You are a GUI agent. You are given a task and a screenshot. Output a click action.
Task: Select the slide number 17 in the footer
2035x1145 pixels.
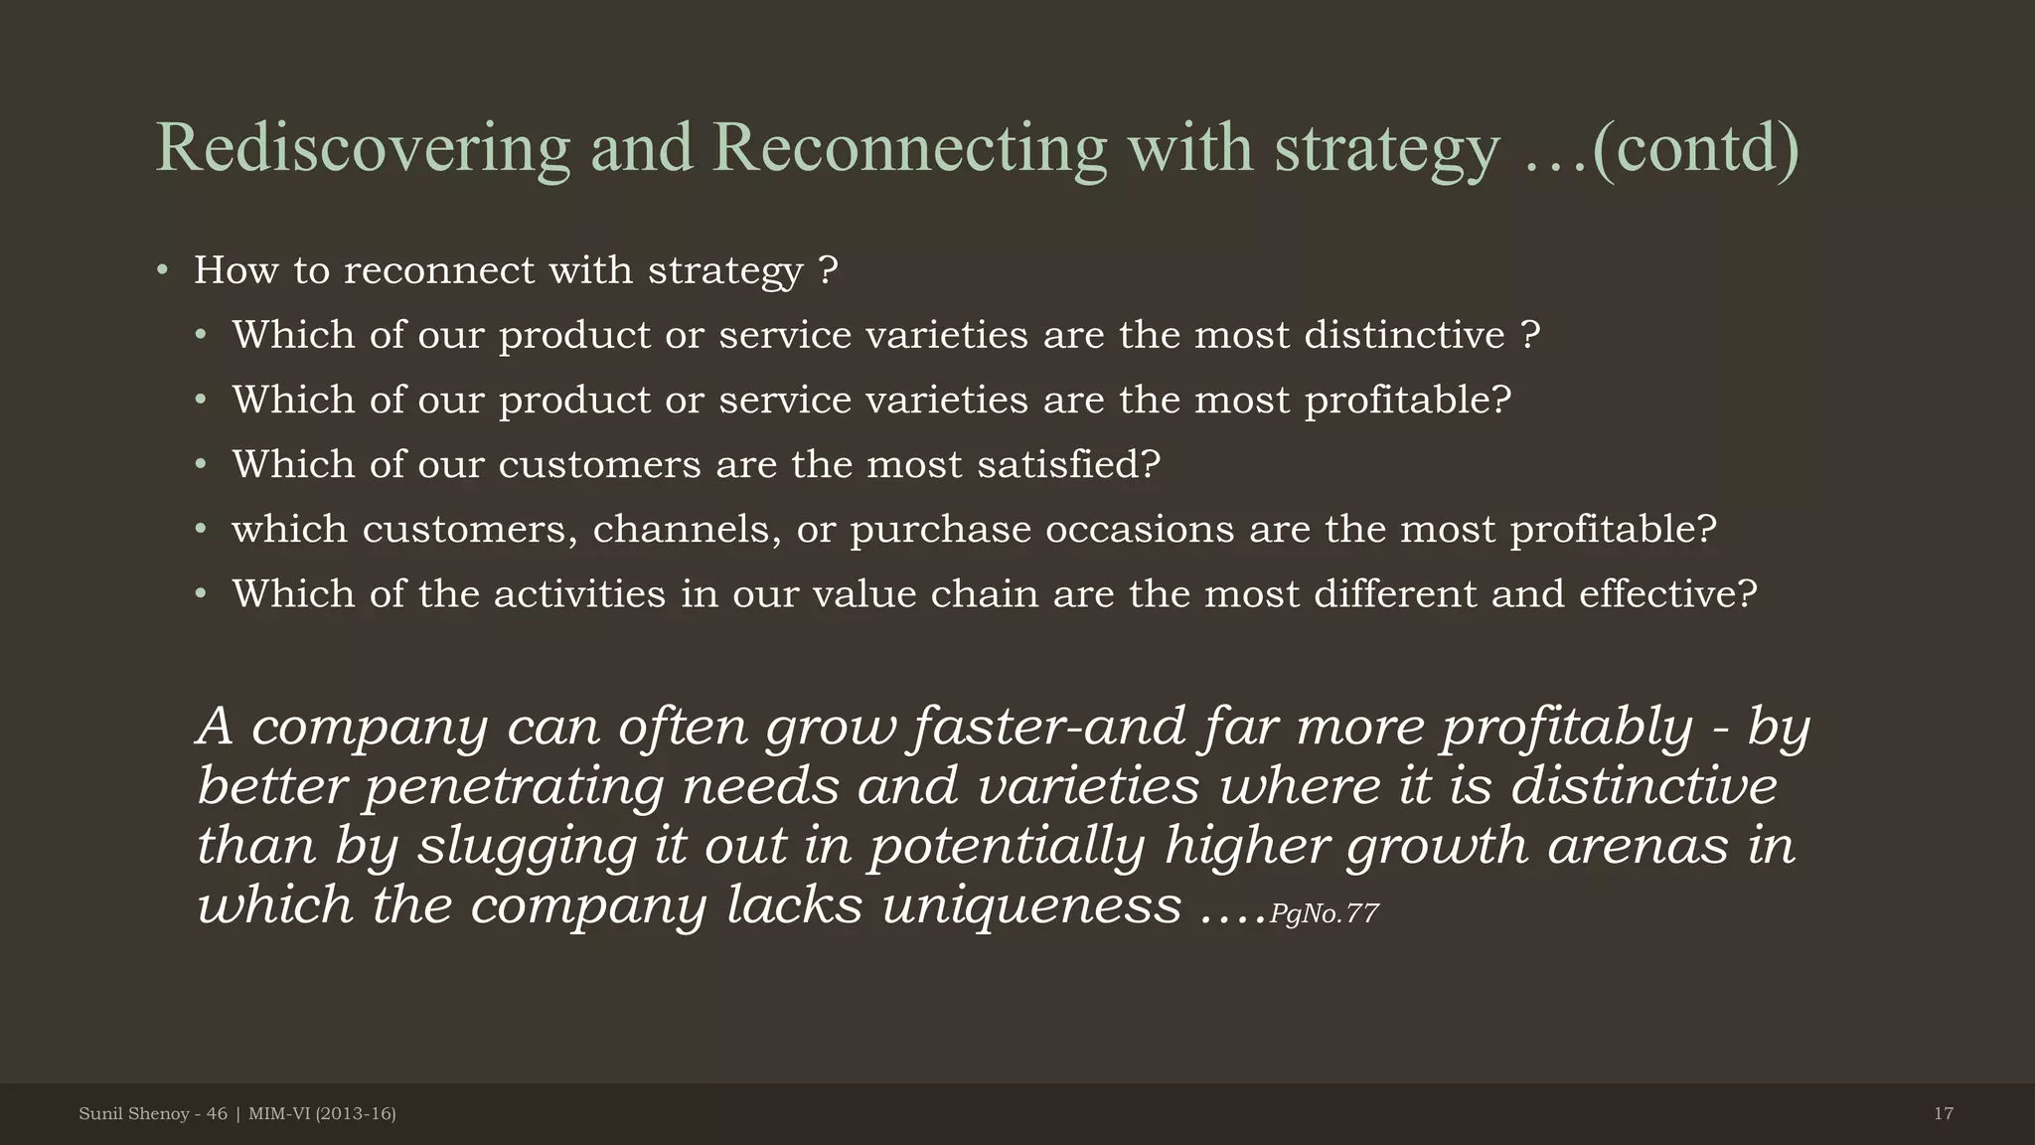point(1944,1114)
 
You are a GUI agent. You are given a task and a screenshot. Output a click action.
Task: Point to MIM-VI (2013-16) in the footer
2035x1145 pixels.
point(322,1114)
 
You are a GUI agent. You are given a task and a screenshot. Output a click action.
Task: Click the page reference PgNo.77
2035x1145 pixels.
point(1324,913)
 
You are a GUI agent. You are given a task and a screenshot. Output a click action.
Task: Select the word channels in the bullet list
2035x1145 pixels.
point(687,529)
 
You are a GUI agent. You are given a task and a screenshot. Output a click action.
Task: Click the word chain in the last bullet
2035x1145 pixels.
point(984,593)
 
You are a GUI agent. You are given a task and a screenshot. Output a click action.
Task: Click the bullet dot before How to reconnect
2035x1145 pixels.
point(163,270)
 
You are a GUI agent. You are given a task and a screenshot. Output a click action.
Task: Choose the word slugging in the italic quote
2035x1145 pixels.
point(527,846)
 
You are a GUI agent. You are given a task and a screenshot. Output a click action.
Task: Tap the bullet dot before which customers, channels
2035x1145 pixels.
point(202,529)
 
